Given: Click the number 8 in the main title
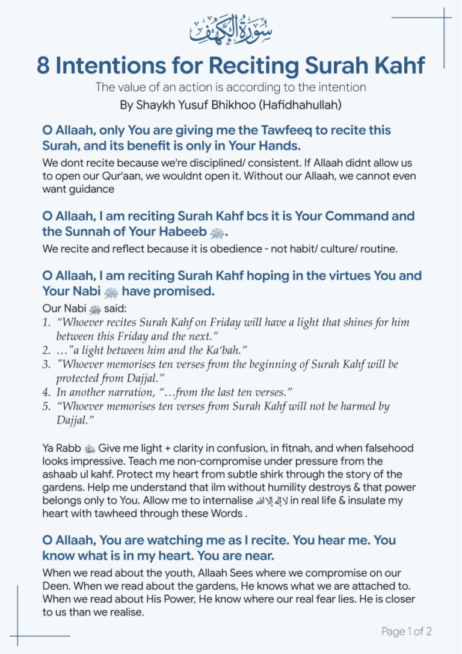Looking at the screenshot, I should pyautogui.click(x=43, y=65).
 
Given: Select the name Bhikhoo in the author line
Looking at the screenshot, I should pyautogui.click(x=239, y=104).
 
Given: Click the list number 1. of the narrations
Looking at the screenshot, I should pyautogui.click(x=46, y=322).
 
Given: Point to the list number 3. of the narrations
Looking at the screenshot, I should pyautogui.click(x=46, y=364).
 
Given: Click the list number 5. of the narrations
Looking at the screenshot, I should pyautogui.click(x=46, y=406).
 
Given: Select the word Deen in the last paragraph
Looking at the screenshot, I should pyautogui.click(x=56, y=586).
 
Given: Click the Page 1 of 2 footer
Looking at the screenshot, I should pyautogui.click(x=407, y=631).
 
